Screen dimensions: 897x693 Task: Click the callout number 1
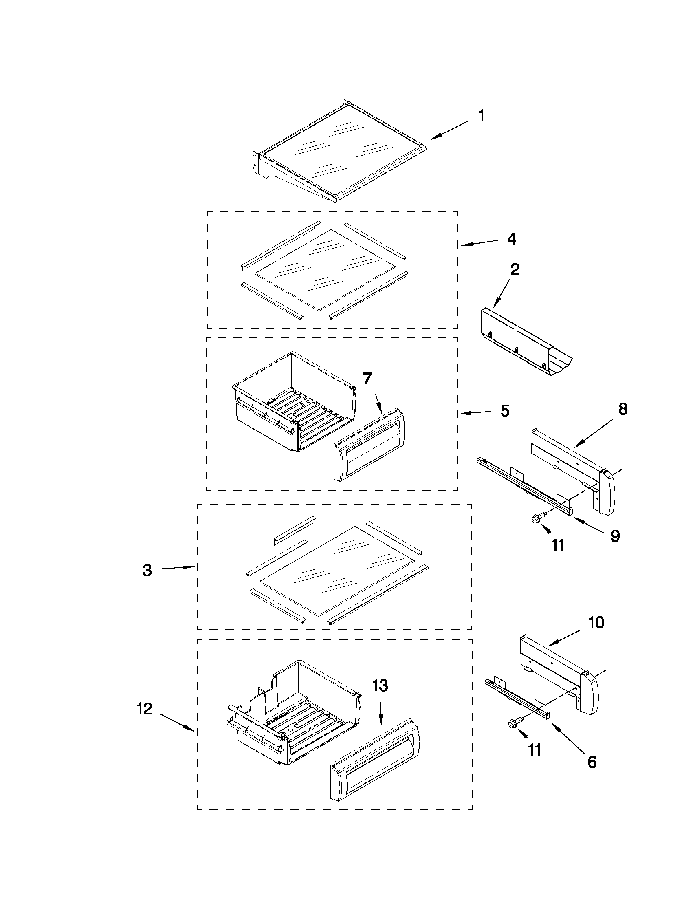pyautogui.click(x=482, y=116)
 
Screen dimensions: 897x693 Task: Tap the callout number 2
pyautogui.click(x=515, y=269)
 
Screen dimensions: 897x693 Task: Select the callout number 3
pyautogui.click(x=147, y=571)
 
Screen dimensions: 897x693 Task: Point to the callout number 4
pyautogui.click(x=511, y=239)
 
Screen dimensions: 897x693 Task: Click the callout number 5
pyautogui.click(x=505, y=411)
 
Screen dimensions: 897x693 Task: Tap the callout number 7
pyautogui.click(x=367, y=379)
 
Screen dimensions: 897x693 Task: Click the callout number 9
pyautogui.click(x=615, y=536)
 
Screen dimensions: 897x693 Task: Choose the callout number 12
pyautogui.click(x=145, y=709)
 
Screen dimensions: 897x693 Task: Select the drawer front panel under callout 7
pyautogui.click(x=369, y=444)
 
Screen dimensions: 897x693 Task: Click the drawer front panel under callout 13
pyautogui.click(x=374, y=765)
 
